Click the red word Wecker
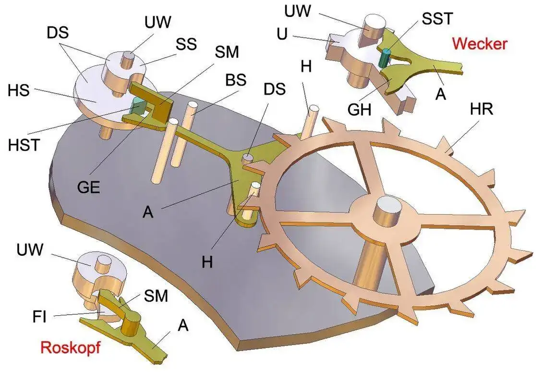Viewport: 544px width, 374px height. pos(479,44)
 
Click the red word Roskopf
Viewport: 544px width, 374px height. pos(70,348)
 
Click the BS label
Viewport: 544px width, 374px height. pos(236,81)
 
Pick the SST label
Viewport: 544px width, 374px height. pos(437,19)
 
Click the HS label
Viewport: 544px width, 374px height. pos(19,89)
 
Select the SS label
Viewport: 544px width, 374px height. pos(186,44)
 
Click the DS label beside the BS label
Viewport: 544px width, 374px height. pos(276,89)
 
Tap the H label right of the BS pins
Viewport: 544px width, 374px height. pos(306,66)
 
